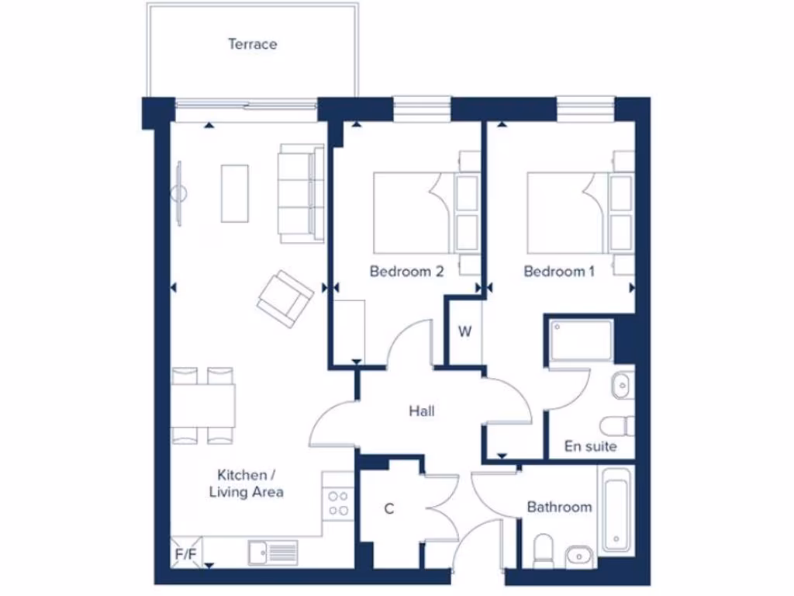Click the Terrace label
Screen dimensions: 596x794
pos(252,44)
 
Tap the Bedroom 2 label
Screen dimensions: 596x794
pos(406,272)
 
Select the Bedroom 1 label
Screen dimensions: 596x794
pos(559,272)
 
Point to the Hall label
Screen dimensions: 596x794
pos(422,411)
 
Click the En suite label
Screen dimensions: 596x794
pos(591,446)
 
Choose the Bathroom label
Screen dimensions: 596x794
pos(559,507)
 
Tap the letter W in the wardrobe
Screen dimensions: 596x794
pos(464,332)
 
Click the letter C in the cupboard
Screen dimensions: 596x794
pos(389,509)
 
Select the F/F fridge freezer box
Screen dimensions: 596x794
pos(185,554)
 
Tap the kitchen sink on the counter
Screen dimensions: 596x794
pos(272,552)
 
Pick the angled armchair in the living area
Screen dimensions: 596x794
pos(285,296)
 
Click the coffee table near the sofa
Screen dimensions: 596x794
pos(235,192)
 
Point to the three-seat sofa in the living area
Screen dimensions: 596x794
pos(301,192)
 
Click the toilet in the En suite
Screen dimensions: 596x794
pos(618,426)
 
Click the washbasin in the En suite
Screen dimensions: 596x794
pos(622,385)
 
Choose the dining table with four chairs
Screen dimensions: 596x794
pos(203,406)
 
